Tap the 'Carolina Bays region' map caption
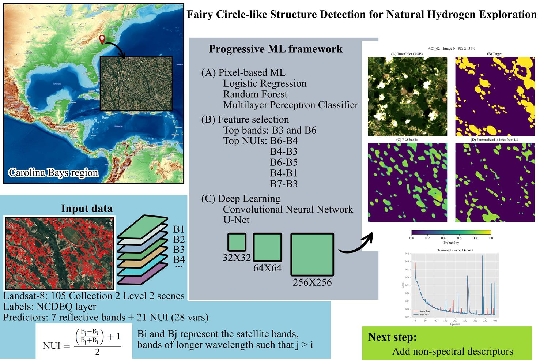[53, 173]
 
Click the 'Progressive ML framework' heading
[276, 49]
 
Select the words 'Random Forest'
[255, 94]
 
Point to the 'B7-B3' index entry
[284, 184]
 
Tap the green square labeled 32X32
[237, 242]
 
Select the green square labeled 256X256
[312, 254]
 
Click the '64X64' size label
[267, 268]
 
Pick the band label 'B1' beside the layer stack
[178, 230]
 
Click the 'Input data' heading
[87, 209]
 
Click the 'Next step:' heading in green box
[392, 337]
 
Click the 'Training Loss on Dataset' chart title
[455, 250]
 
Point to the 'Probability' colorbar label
[451, 243]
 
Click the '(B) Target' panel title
[494, 54]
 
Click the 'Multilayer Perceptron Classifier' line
[291, 105]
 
